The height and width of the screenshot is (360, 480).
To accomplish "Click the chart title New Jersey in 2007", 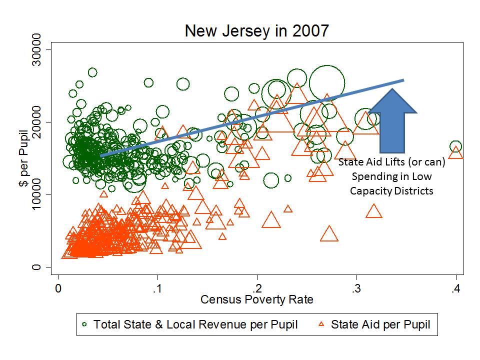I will click(257, 30).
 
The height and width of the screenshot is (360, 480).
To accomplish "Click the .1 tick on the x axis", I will click(158, 289).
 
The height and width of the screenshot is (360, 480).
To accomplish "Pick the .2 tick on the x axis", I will click(257, 289).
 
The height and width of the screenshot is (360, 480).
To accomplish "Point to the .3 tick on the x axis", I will click(356, 289).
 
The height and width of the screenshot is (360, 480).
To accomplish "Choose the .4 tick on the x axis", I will click(455, 289).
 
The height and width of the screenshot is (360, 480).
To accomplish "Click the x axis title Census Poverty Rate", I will click(257, 300).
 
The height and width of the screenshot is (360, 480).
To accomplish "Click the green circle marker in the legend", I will click(85, 325).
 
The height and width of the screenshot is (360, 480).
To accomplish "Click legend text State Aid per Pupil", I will click(380, 325).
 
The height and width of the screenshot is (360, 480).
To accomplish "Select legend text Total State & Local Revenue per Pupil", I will click(195, 325).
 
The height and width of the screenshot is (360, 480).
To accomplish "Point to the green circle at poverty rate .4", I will click(455, 147).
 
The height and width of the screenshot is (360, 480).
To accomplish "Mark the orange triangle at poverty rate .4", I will click(455, 152).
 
